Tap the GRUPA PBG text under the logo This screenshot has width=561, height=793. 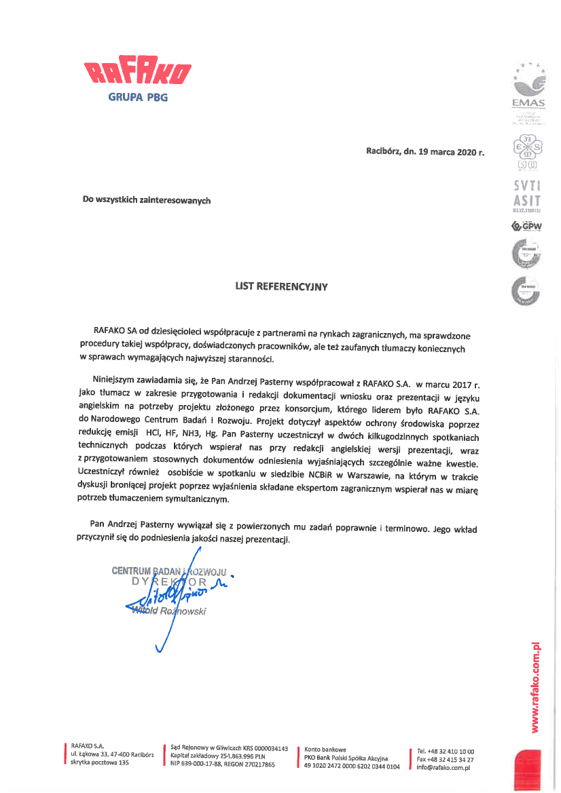[137, 97]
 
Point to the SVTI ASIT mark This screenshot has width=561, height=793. [528, 194]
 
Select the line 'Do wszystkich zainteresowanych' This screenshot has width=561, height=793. [147, 200]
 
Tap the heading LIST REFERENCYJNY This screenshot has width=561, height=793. [281, 286]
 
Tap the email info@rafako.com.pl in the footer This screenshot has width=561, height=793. [444, 767]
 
